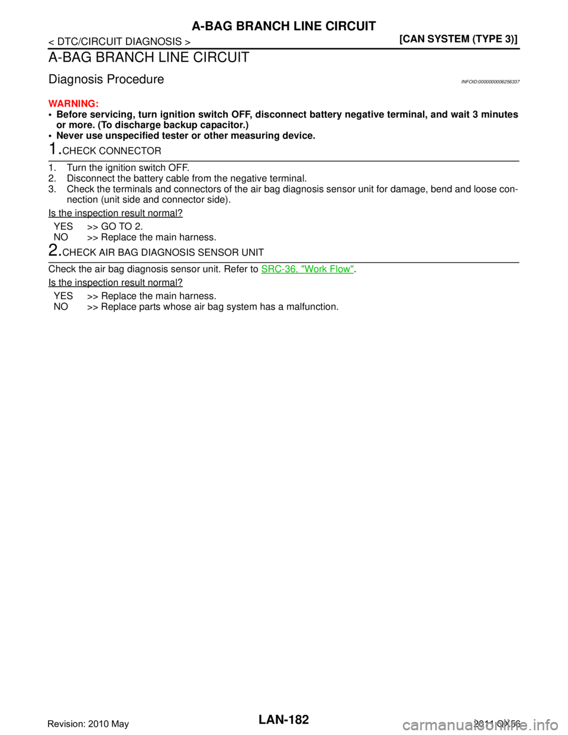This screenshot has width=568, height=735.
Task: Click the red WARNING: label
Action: click(73, 103)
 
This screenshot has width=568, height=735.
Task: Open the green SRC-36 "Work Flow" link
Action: click(308, 269)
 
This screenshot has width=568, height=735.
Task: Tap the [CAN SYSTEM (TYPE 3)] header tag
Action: click(459, 39)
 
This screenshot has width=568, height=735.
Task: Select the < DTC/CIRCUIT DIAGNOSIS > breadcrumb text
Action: click(120, 41)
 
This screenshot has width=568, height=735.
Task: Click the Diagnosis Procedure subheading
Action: click(106, 79)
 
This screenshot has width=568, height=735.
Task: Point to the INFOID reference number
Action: click(490, 82)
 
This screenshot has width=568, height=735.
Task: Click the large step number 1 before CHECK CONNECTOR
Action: click(54, 149)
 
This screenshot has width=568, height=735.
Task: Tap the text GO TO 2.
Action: click(122, 226)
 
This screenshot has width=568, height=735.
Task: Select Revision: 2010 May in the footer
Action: click(88, 724)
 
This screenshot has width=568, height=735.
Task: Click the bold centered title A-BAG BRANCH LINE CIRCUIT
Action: click(283, 26)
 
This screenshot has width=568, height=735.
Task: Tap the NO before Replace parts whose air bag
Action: click(61, 307)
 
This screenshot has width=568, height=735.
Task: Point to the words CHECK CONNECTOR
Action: click(112, 151)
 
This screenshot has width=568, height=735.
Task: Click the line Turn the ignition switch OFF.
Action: click(128, 167)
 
